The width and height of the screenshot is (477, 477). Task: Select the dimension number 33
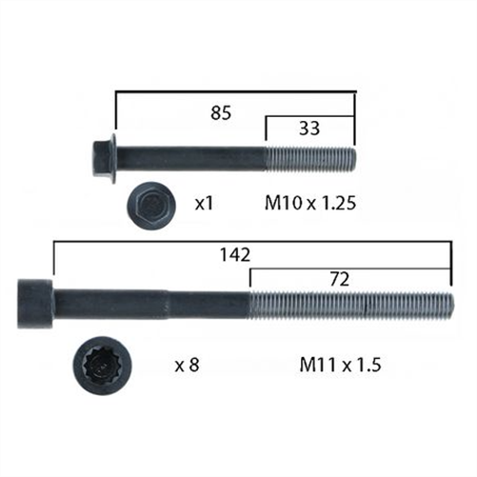(309, 129)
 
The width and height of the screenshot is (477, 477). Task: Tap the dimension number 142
(233, 254)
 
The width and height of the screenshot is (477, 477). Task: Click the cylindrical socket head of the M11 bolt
(36, 304)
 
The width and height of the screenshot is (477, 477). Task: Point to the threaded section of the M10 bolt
(309, 156)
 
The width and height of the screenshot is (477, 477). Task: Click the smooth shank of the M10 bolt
(190, 156)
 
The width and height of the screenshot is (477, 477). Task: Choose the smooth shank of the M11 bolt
(152, 304)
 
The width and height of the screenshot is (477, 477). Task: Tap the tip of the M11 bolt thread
(450, 304)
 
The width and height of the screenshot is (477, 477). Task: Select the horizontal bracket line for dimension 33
(309, 116)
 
